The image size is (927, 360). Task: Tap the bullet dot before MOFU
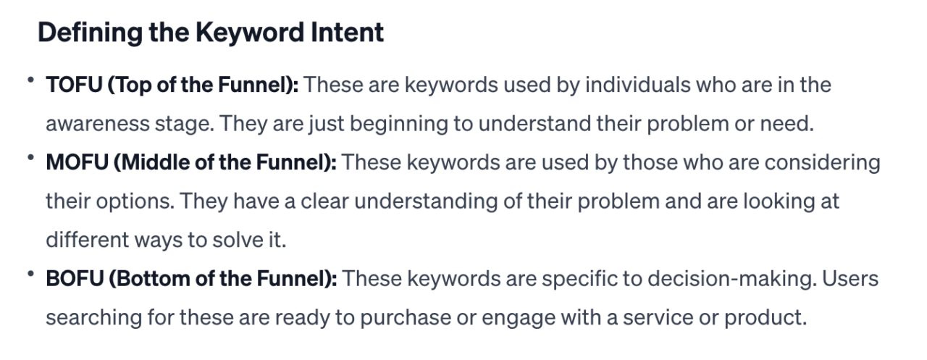tap(32, 158)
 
